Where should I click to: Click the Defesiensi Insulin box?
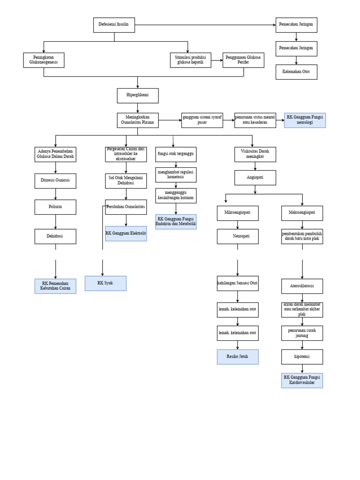(x=114, y=25)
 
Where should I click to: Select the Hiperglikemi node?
(x=137, y=96)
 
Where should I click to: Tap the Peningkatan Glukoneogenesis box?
(x=44, y=60)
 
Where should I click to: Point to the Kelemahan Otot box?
(x=296, y=72)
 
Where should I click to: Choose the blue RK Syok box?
(x=105, y=283)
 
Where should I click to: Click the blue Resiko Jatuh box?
(x=237, y=357)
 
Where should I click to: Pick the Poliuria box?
(x=55, y=207)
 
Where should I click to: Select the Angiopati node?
(x=255, y=178)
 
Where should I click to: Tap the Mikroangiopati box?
(x=237, y=213)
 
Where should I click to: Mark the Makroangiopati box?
(x=302, y=213)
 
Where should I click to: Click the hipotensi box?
(x=302, y=357)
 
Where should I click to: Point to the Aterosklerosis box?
(x=302, y=286)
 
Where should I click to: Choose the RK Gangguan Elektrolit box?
(x=126, y=233)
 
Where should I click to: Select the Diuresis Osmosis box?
(x=55, y=181)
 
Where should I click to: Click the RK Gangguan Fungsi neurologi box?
(x=305, y=120)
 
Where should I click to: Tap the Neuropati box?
(x=237, y=236)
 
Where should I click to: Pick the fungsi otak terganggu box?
(x=176, y=154)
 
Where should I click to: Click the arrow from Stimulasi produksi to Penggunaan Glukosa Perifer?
(x=216, y=60)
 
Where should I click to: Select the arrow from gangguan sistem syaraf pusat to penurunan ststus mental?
(x=222, y=120)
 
